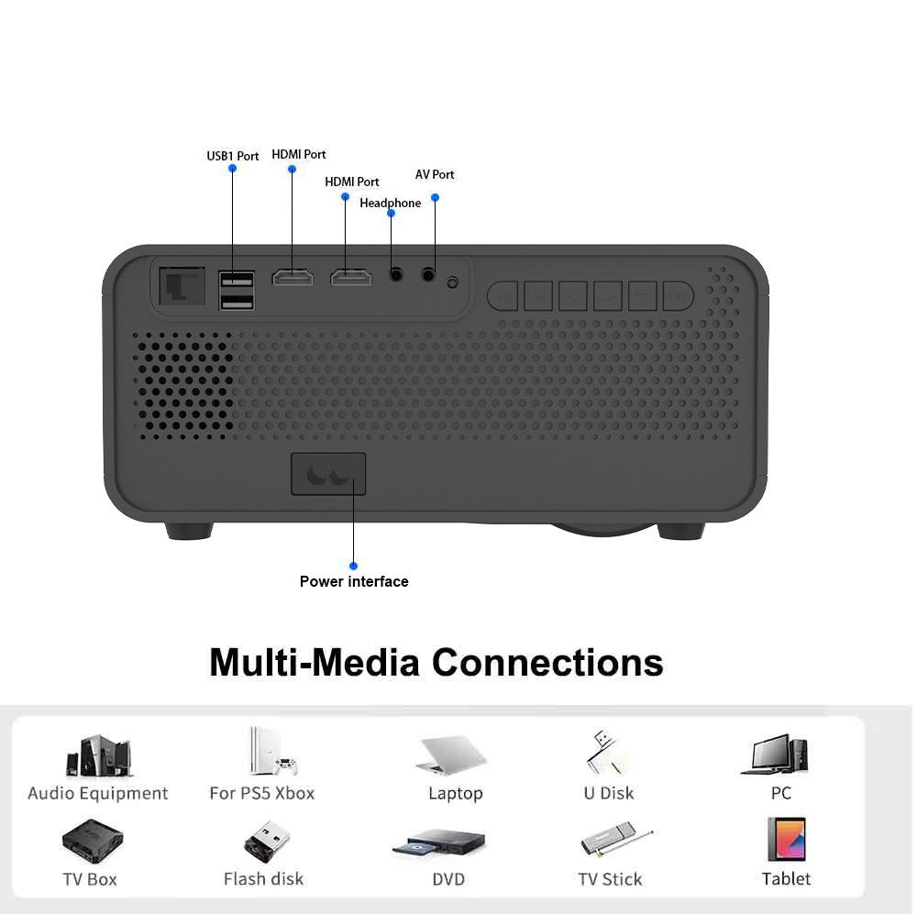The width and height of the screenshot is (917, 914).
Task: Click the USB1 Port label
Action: pyautogui.click(x=232, y=156)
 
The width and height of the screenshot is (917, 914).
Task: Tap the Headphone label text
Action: pyautogui.click(x=390, y=203)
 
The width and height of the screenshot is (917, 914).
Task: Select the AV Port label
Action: pyautogui.click(x=435, y=174)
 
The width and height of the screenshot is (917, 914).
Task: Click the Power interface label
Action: pyautogui.click(x=354, y=581)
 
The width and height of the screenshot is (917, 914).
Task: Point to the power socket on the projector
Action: pyautogui.click(x=328, y=474)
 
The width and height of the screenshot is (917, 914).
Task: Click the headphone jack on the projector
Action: pyautogui.click(x=397, y=273)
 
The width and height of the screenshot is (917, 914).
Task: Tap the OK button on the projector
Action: pyautogui.click(x=678, y=296)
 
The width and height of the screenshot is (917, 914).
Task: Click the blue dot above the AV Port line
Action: pyautogui.click(x=436, y=197)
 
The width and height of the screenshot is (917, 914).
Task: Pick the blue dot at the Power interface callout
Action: pyautogui.click(x=353, y=566)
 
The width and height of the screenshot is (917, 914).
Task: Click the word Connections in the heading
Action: pyautogui.click(x=547, y=662)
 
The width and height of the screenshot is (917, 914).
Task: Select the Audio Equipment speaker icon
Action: pyautogui.click(x=98, y=757)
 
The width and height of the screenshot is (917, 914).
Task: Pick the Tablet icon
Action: pyautogui.click(x=786, y=839)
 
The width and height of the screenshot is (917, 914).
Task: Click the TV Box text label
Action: pyautogui.click(x=90, y=879)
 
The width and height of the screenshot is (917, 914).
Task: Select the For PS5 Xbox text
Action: pyautogui.click(x=262, y=793)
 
